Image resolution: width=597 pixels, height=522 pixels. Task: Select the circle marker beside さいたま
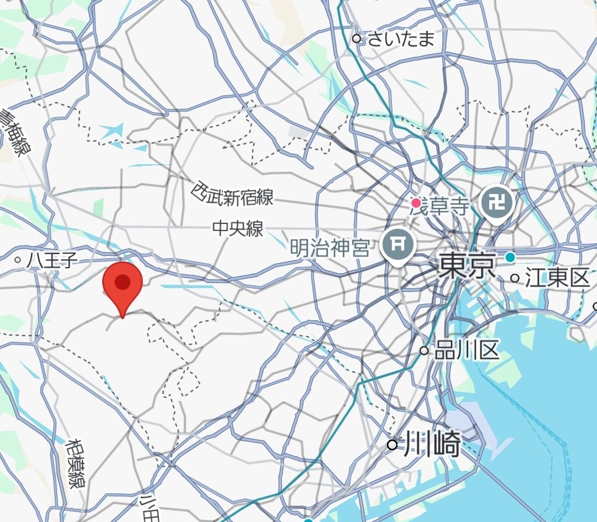click(357, 39)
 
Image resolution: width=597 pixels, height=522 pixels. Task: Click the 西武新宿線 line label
click(232, 194)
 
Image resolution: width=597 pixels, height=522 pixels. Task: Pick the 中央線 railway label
click(238, 228)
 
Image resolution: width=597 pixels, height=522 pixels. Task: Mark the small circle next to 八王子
click(18, 259)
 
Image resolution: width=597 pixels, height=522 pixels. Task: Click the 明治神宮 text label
click(330, 247)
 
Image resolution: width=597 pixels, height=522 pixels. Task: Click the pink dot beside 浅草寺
click(416, 203)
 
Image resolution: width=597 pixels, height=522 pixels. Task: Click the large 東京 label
click(466, 267)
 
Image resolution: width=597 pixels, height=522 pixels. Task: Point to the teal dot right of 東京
click(510, 257)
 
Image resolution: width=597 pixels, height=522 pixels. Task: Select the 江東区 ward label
click(557, 278)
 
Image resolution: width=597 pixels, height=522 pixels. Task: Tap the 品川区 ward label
click(467, 350)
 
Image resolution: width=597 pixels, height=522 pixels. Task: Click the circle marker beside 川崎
click(392, 445)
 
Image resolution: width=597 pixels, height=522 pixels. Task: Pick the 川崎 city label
click(432, 445)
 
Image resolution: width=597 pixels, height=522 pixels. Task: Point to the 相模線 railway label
click(76, 463)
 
